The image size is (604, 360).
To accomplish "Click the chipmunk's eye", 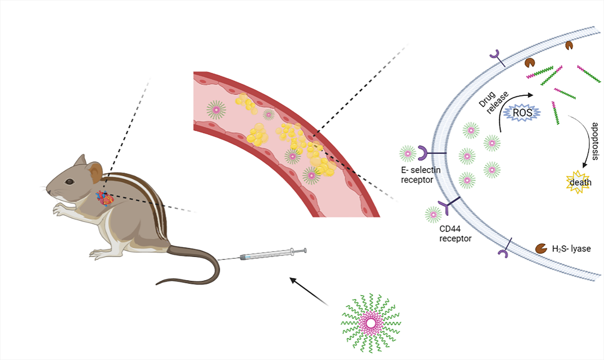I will click(x=70, y=181).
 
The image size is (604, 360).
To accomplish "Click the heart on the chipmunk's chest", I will click(x=103, y=197).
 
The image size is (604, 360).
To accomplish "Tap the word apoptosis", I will click(x=595, y=141).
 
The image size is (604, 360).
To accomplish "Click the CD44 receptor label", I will click(x=455, y=233).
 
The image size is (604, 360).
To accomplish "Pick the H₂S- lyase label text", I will click(x=572, y=248).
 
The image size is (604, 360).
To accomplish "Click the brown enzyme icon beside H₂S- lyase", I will click(x=541, y=248).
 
